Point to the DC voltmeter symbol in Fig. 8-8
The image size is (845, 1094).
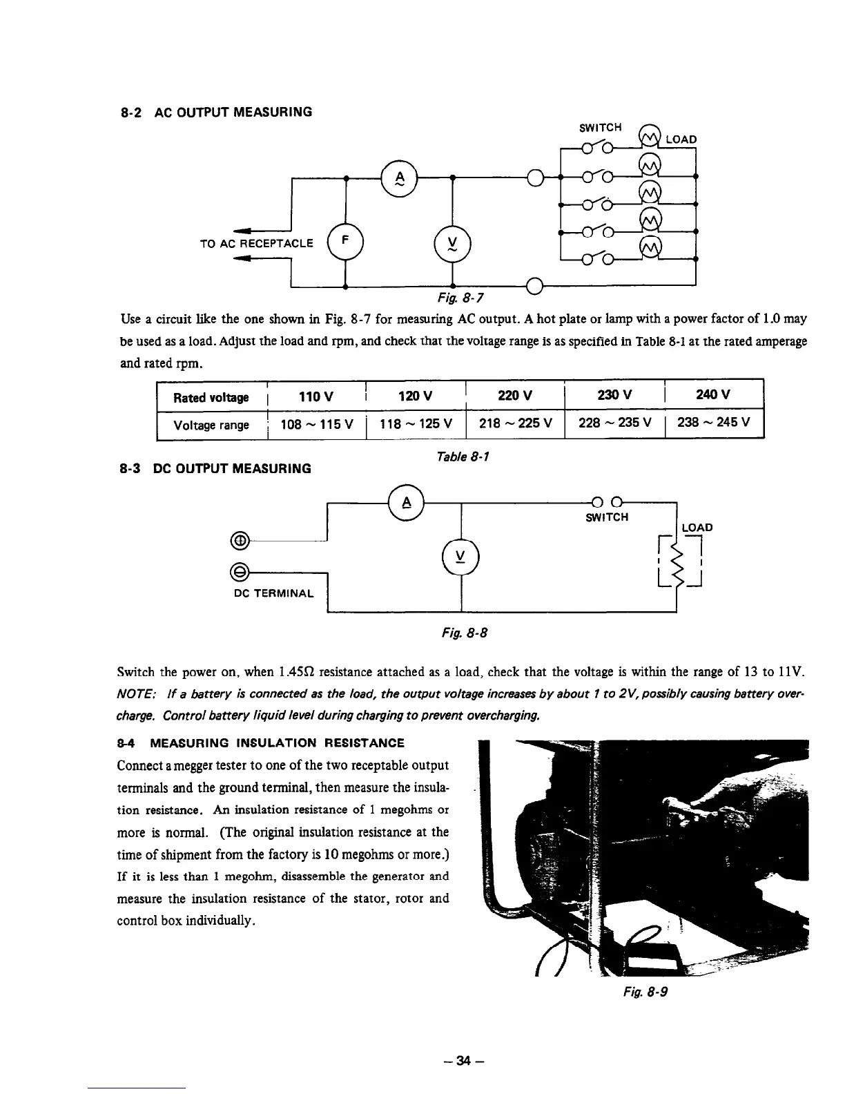click(x=460, y=555)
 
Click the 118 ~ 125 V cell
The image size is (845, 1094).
click(x=416, y=424)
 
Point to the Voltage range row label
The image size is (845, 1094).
click(x=211, y=425)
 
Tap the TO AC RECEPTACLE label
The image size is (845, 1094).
click(x=256, y=243)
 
